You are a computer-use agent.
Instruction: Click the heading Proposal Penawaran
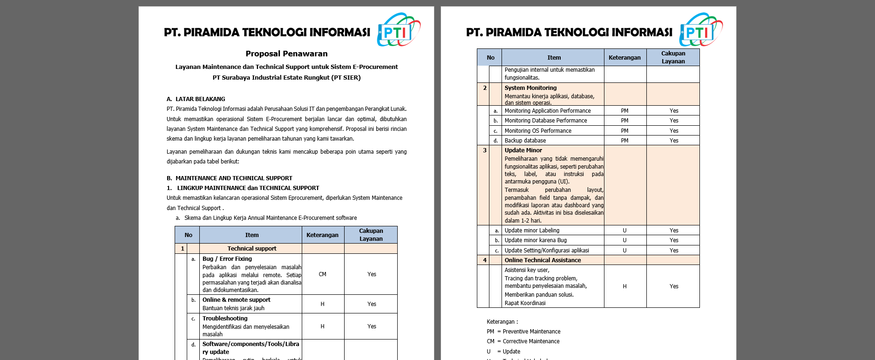(x=286, y=54)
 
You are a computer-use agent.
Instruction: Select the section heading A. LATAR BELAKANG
(x=196, y=99)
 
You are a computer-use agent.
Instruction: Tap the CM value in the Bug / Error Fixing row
(x=322, y=274)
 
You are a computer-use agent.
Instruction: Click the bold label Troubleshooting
(x=225, y=319)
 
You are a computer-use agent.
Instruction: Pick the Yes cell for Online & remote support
(x=371, y=304)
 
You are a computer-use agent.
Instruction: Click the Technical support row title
(x=251, y=249)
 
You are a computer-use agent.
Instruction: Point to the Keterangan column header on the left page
(x=322, y=235)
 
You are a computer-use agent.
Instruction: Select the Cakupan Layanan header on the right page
(x=673, y=57)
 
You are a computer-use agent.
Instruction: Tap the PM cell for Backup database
(x=624, y=141)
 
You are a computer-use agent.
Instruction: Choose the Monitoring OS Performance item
(x=538, y=131)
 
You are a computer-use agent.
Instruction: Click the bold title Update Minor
(x=523, y=150)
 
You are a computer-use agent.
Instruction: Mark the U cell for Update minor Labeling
(x=624, y=231)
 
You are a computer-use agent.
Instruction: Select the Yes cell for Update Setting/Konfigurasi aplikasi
(x=674, y=251)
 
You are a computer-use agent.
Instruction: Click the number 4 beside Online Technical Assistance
(x=485, y=260)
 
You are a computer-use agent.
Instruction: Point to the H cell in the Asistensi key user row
(x=624, y=286)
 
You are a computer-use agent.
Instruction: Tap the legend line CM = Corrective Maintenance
(x=523, y=341)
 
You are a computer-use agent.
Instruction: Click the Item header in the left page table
(x=251, y=235)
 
